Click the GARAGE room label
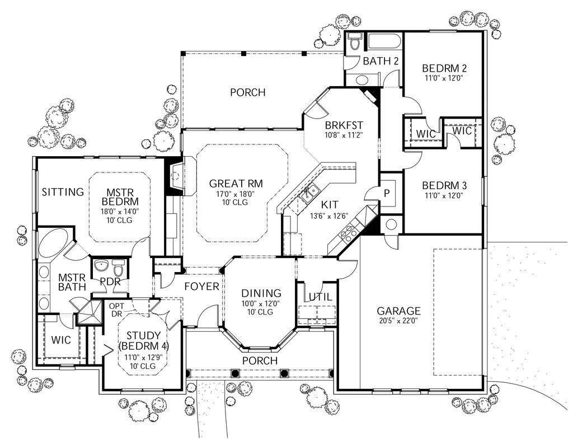coord(398,311)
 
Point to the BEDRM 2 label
coord(444,69)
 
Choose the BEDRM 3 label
coord(444,185)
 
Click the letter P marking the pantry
coord(386,191)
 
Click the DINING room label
coord(261,293)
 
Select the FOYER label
coord(201,287)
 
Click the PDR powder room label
coord(110,281)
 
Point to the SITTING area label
coord(63,193)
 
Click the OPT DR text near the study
coord(116,310)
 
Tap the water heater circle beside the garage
coord(391,225)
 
